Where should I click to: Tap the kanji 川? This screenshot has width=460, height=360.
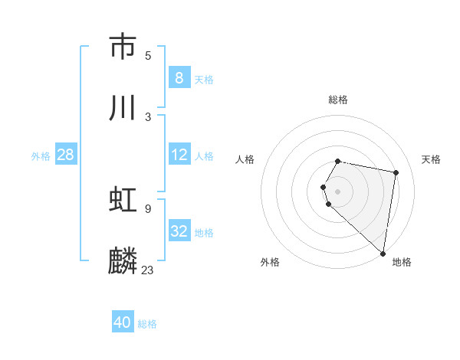pyautogui.click(x=123, y=108)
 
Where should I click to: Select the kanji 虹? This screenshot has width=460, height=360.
pyautogui.click(x=123, y=201)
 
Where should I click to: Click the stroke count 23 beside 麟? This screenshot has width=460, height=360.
pyautogui.click(x=148, y=270)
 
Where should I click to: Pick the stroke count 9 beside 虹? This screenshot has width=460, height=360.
pyautogui.click(x=148, y=208)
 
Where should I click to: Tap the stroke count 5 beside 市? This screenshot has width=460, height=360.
pyautogui.click(x=148, y=55)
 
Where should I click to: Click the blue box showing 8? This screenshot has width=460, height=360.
pyautogui.click(x=179, y=77)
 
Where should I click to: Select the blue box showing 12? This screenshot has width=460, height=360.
pyautogui.click(x=179, y=155)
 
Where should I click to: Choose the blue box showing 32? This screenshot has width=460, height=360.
pyautogui.click(x=179, y=231)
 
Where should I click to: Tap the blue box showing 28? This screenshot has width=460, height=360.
pyautogui.click(x=66, y=155)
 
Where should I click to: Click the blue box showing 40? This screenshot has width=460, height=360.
pyautogui.click(x=123, y=322)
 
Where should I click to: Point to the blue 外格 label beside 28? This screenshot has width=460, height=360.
pyautogui.click(x=41, y=155)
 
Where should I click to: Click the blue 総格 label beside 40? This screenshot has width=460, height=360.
pyautogui.click(x=147, y=324)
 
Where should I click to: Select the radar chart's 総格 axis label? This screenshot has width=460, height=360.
pyautogui.click(x=338, y=100)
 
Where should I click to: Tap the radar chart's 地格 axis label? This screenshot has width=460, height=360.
pyautogui.click(x=402, y=262)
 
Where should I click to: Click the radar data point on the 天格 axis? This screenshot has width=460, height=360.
pyautogui.click(x=396, y=173)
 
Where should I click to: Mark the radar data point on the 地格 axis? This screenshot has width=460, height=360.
pyautogui.click(x=383, y=253)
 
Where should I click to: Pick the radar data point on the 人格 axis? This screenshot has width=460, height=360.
pyautogui.click(x=324, y=187)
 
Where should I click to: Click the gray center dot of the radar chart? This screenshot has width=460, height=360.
pyautogui.click(x=338, y=191)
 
